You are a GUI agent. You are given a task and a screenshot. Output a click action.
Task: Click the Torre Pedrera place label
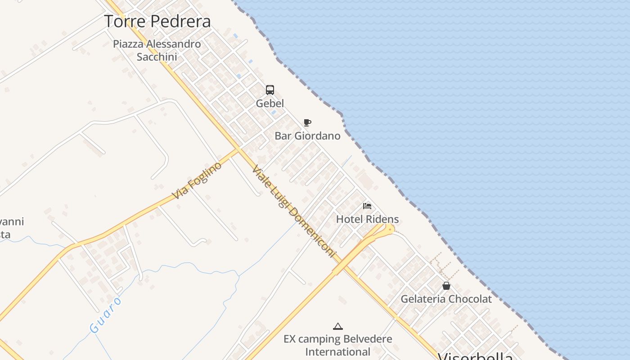point(157,21)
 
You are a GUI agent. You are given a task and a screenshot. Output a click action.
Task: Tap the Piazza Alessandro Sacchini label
point(157,50)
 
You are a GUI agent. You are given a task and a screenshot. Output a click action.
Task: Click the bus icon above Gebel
point(270,90)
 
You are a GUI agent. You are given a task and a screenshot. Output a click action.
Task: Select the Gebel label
point(270,103)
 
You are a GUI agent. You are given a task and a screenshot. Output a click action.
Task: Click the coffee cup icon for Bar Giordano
point(307,122)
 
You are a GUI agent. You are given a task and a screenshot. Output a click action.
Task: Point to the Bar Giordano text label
point(307,136)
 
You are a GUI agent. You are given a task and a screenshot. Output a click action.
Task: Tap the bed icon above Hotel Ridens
point(367,206)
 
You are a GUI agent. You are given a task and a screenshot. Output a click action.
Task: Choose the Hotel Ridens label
point(367,220)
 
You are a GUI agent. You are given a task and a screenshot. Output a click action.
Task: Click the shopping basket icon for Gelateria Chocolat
point(446,286)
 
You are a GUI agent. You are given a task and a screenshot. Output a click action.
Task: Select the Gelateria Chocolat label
point(446,299)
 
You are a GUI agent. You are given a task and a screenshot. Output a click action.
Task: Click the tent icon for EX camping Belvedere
point(337,326)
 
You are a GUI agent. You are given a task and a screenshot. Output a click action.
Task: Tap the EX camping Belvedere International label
point(337,345)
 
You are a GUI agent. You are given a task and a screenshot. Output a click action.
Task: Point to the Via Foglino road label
point(198,180)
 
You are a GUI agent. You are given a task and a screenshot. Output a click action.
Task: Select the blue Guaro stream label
point(106,315)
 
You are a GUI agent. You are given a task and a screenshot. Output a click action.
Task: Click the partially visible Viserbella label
point(475,356)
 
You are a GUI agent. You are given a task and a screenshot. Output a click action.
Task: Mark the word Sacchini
point(157,57)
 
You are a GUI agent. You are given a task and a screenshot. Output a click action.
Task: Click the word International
point(337,351)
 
